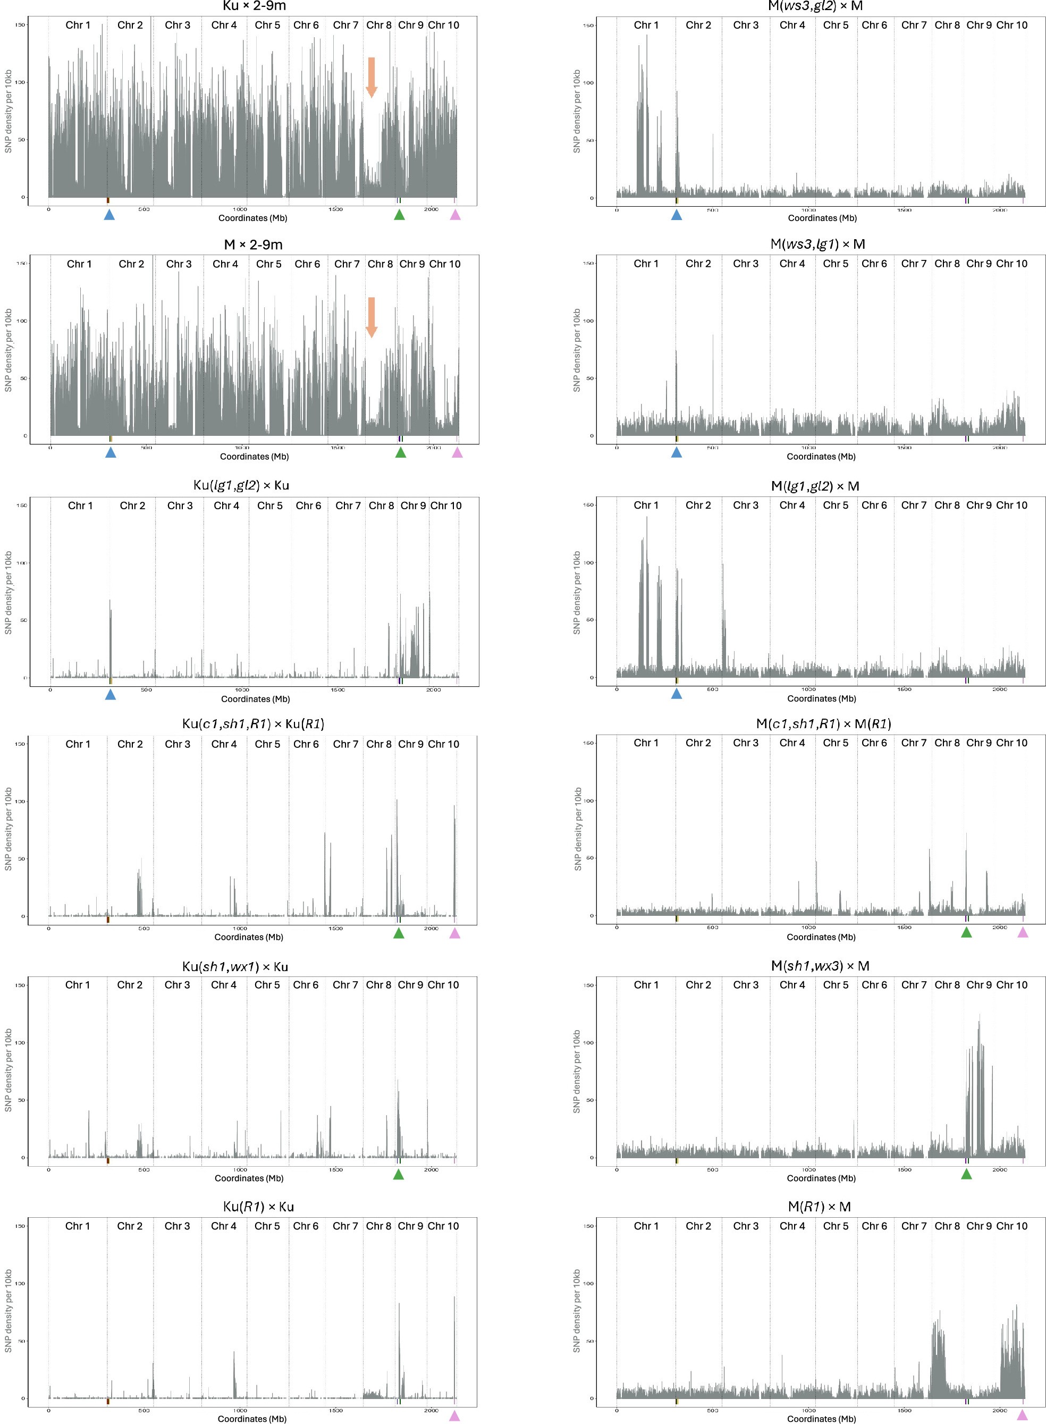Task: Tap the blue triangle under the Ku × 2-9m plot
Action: click(x=109, y=215)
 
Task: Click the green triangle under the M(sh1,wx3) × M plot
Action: click(x=966, y=1174)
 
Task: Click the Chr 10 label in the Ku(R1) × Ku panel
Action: click(x=443, y=1226)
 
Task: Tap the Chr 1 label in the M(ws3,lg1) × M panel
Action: click(x=646, y=264)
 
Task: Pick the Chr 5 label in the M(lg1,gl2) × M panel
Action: click(x=836, y=505)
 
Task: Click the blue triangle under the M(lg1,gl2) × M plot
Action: click(x=676, y=694)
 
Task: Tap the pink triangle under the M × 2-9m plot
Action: click(x=457, y=452)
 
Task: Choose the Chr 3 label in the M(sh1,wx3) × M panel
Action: click(x=746, y=984)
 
